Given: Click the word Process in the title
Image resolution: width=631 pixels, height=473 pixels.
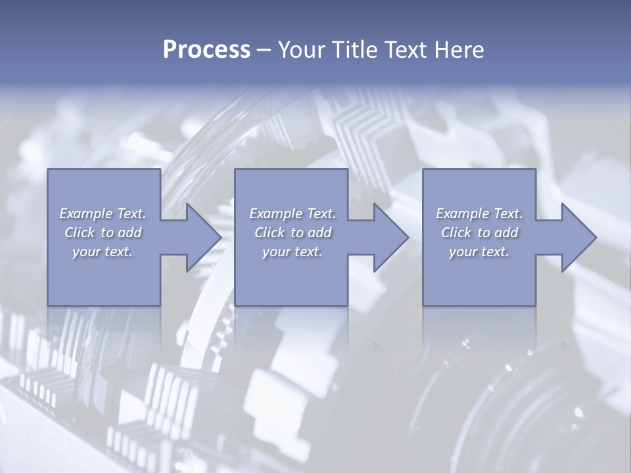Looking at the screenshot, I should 206,50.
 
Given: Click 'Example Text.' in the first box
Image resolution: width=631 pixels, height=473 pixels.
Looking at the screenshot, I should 103,214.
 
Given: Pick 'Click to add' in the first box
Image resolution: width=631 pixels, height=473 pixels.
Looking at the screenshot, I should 103,233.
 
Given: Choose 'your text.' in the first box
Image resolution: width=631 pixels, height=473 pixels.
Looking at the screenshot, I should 103,252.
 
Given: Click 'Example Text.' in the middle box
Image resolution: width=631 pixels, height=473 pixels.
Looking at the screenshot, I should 292,214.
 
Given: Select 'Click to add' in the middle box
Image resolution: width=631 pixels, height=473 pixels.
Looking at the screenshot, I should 292,233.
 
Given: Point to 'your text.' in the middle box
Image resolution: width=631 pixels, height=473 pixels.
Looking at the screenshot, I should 292,252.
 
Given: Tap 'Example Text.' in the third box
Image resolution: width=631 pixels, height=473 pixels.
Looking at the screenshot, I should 479,214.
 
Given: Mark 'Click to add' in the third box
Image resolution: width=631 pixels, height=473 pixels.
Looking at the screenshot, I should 479,233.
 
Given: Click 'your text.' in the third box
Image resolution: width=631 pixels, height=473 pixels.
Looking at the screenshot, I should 479,252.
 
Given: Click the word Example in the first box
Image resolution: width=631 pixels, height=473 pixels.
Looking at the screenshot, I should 86,214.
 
